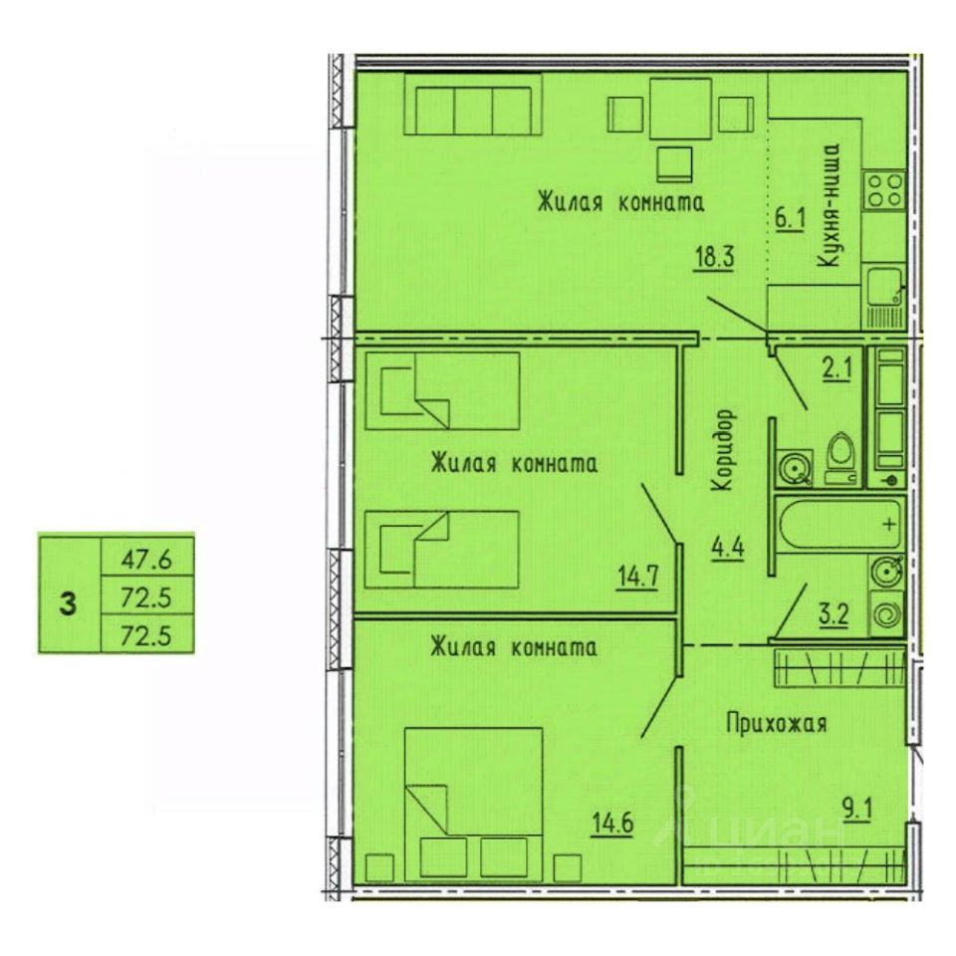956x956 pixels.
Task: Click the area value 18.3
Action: coord(715,257)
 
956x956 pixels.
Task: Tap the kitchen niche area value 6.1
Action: coord(790,219)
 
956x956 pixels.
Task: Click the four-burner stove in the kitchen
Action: coord(885,189)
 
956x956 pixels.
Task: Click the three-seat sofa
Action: coord(473,105)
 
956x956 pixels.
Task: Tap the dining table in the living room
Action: coord(680,110)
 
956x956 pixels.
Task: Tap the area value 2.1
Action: coord(836,368)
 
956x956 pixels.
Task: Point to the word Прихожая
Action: coord(776,724)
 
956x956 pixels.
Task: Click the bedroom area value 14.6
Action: coord(613,824)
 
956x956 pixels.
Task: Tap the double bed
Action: coord(474,804)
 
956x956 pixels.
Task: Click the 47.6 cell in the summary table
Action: coord(147,558)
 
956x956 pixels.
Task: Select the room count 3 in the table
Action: coord(69,605)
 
